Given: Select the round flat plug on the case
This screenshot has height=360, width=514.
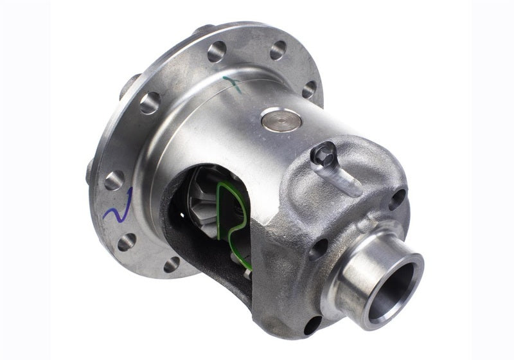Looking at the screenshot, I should point(281,120).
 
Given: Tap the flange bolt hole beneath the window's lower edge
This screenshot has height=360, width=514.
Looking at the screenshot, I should point(172,264).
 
